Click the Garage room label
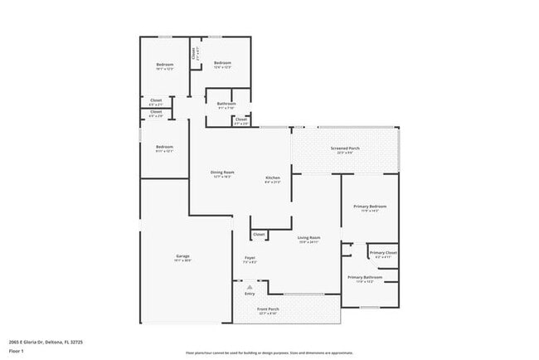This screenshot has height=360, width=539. [x=183, y=256]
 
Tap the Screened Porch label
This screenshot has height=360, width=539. [x=345, y=148]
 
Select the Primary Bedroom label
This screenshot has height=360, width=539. [x=370, y=207]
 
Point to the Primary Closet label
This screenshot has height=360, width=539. [x=383, y=252]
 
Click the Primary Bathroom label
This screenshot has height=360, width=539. [x=365, y=277]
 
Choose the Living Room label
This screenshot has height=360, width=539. [x=309, y=238]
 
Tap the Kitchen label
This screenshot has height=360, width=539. [x=273, y=178]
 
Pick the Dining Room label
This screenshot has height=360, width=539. [x=223, y=173]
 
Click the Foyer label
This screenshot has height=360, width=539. [x=250, y=258]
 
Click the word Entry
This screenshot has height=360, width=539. [x=250, y=294]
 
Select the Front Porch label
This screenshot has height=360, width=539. [x=268, y=309]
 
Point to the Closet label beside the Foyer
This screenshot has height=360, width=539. [x=259, y=234]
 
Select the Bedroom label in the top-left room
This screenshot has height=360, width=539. [x=165, y=65]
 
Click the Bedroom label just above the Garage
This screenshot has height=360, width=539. [x=164, y=148]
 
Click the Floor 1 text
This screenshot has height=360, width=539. [x=17, y=352]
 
